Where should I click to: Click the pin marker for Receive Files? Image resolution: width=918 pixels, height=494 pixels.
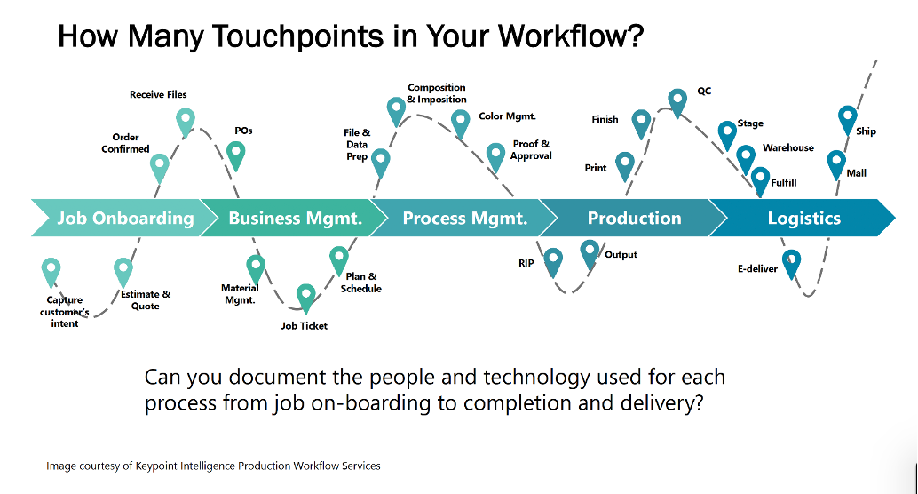(186, 122)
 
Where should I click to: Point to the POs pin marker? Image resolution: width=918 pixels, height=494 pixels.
(235, 155)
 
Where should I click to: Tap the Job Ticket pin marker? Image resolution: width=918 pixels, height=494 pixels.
(305, 298)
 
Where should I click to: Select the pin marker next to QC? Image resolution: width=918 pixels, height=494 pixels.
(677, 102)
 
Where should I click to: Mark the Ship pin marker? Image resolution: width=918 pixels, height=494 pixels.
(847, 120)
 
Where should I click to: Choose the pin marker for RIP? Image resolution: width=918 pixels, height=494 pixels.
(553, 261)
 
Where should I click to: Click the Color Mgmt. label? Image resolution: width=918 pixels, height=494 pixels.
(507, 116)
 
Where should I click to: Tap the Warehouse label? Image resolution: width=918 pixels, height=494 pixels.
(788, 147)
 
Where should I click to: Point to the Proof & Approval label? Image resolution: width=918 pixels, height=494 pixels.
(531, 149)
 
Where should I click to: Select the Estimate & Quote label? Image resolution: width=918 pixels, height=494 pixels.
(146, 300)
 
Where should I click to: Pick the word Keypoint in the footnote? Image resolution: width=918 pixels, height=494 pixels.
(156, 466)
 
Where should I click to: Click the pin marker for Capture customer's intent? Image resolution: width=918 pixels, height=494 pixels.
(51, 272)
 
